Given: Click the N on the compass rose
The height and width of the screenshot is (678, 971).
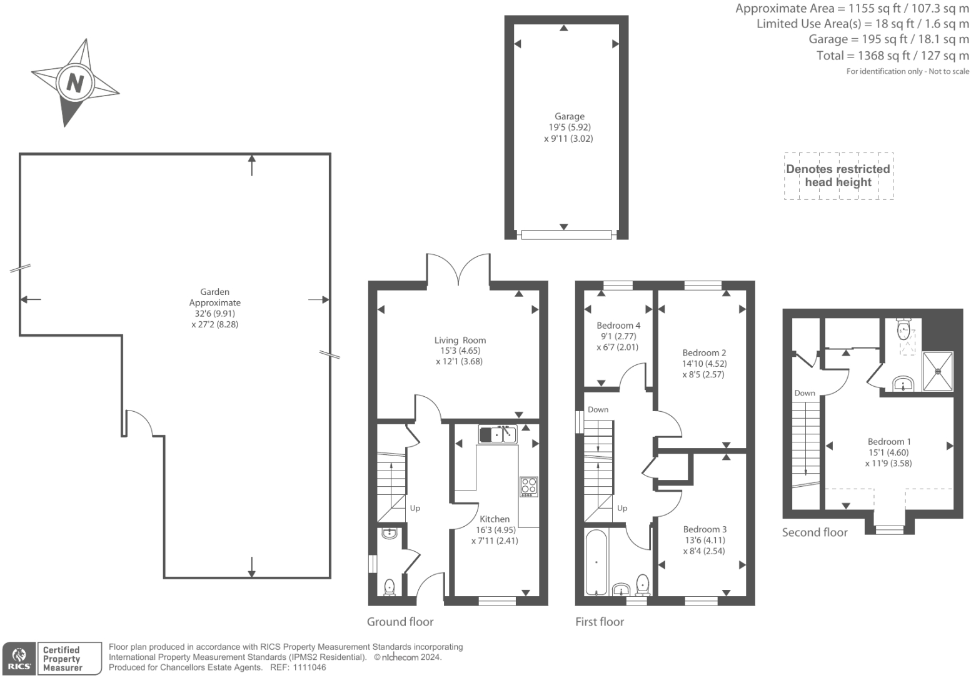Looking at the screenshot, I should [x=75, y=82].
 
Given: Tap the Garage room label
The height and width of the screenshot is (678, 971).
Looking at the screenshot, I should [x=569, y=116].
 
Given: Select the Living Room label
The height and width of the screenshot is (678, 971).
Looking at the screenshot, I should [x=460, y=340].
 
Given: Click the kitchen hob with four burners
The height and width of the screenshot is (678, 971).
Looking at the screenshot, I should [x=528, y=486].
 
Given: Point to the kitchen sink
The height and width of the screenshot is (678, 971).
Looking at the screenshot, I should [x=498, y=434].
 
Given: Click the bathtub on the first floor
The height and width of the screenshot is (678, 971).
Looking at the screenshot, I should [x=596, y=563].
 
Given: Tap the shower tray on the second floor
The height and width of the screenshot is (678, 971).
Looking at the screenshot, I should [x=938, y=371].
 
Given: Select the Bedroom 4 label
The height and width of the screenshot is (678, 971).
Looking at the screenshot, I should [x=618, y=325].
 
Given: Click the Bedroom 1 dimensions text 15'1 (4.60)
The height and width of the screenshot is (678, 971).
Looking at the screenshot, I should [x=888, y=452].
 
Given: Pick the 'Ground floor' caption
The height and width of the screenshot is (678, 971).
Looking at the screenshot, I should [x=400, y=622].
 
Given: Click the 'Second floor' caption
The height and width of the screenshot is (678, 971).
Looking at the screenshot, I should [x=815, y=532].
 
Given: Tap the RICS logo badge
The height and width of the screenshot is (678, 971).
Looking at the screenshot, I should [x=20, y=659].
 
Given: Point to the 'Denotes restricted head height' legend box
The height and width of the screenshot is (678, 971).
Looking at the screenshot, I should [x=838, y=176].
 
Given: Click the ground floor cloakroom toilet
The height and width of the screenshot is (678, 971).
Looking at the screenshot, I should [x=390, y=587].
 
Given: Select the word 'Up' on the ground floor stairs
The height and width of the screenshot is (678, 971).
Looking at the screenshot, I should [x=415, y=508].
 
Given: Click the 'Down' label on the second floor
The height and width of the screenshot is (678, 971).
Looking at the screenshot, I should [x=805, y=393].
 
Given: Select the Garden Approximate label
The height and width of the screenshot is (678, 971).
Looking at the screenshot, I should [x=214, y=297].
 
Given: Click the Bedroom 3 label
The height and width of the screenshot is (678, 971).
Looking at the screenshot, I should [x=705, y=529].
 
